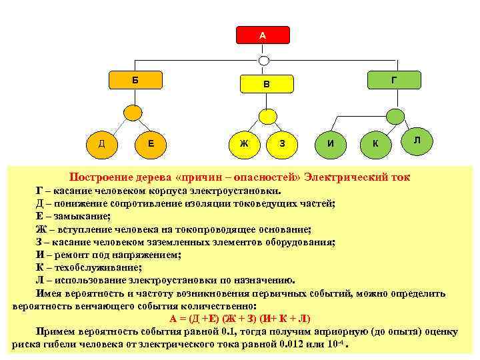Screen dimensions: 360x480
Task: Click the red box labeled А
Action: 263,35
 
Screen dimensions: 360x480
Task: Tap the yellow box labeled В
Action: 267,84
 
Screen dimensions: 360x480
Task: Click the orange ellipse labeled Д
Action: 101,143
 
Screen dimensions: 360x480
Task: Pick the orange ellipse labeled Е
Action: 151,143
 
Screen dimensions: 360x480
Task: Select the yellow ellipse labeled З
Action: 283,143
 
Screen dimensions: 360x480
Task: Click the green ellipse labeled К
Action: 375,143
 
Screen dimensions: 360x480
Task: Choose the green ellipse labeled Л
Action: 417,139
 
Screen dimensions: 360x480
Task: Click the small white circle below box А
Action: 264,61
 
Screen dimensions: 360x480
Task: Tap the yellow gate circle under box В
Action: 267,117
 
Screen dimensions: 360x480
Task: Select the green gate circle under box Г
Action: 395,116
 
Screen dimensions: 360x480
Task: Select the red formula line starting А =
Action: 240,318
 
